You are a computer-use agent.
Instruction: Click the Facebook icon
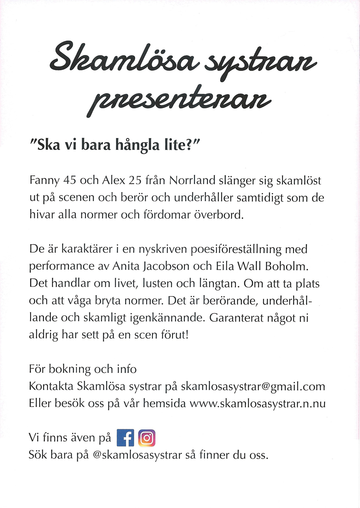(x=125, y=438)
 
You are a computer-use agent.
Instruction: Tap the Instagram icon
(x=147, y=438)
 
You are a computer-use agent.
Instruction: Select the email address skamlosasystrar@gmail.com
(x=253, y=387)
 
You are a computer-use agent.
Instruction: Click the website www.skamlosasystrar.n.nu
(x=258, y=403)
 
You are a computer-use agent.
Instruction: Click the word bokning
(x=70, y=369)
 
